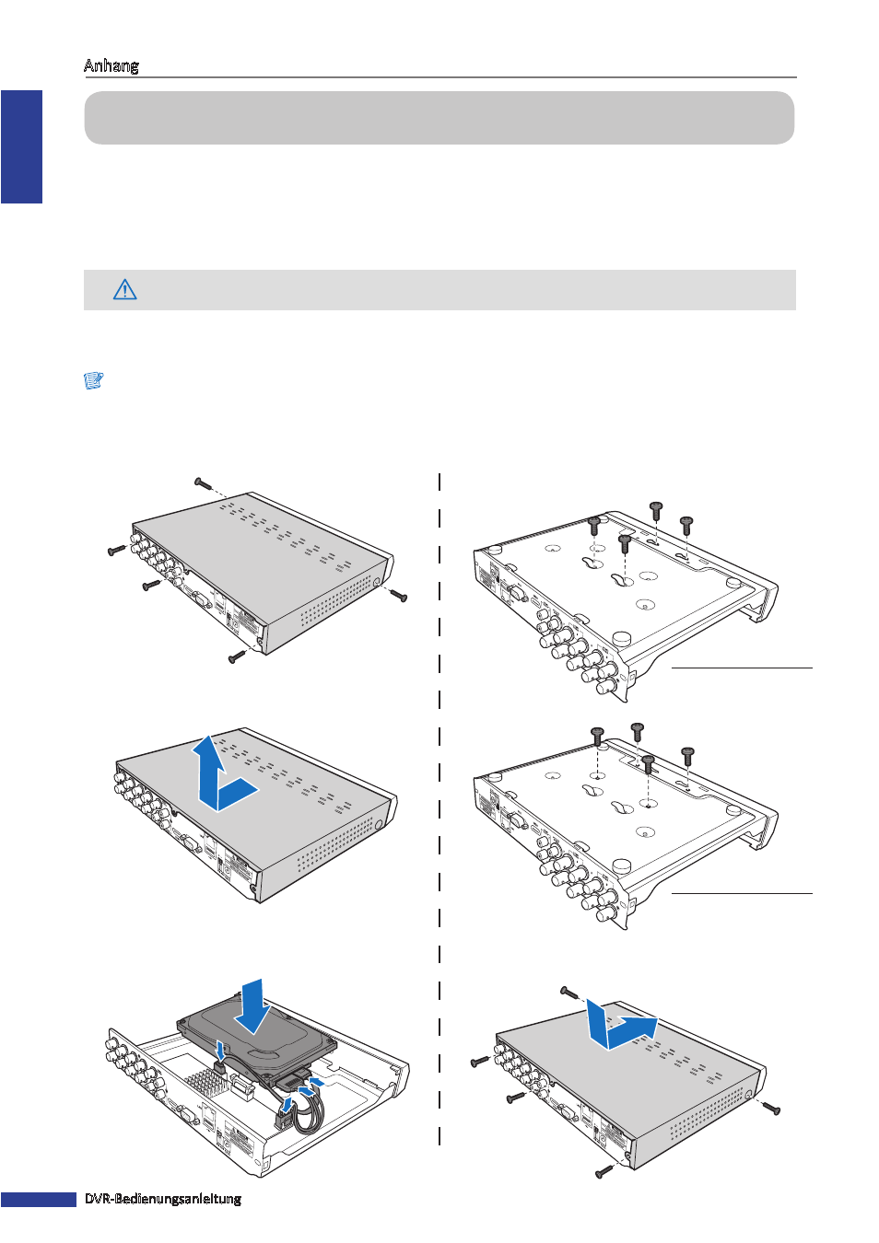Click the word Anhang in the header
coord(111,65)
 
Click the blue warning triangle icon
coord(125,290)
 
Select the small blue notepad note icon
coord(94,380)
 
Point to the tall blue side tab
coord(22,147)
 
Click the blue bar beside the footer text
coord(39,1199)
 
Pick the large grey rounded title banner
coord(439,118)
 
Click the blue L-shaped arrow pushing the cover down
coord(619,1027)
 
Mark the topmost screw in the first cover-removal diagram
coord(204,483)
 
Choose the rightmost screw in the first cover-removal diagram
coord(399,596)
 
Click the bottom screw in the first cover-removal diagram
coord(237,656)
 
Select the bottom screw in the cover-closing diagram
coord(604,1171)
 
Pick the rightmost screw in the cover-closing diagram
coord(771,1108)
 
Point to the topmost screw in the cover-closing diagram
coord(569,991)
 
